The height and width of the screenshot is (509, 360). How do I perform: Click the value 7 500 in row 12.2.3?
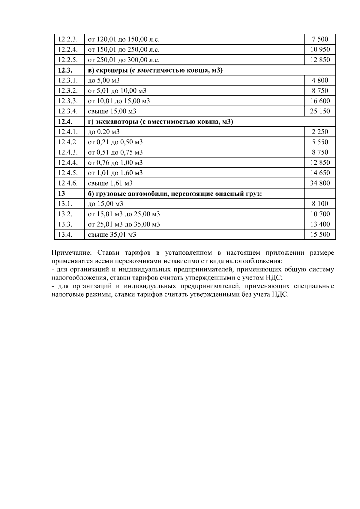coord(320,39)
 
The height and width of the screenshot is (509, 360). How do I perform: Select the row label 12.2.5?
coord(68,60)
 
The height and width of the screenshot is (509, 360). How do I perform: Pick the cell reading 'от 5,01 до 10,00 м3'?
coord(117,91)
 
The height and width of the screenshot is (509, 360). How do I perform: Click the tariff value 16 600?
coord(320,101)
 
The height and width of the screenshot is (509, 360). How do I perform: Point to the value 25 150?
coord(320,111)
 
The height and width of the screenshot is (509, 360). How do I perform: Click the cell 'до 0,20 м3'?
coord(103,132)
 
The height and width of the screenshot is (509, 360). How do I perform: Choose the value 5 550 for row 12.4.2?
coord(320,142)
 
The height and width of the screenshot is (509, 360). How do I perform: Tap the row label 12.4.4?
coord(68,163)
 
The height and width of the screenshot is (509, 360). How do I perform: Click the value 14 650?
coord(320,173)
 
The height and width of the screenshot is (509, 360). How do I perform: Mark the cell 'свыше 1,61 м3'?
coord(110,183)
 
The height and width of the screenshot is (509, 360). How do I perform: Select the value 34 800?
coord(320,183)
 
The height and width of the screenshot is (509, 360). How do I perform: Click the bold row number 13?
coord(61,193)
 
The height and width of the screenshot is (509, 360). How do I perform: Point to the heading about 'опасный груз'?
coord(175,193)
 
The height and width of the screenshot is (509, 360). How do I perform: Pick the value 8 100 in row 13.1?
coord(320,204)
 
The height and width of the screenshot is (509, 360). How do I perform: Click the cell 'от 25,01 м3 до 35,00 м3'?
coord(124,224)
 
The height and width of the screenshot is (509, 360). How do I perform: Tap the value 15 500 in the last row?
coord(320,235)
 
